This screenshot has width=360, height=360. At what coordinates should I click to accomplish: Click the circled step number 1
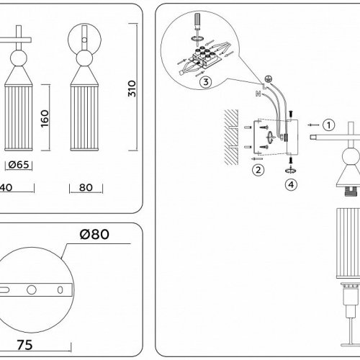click(328, 125)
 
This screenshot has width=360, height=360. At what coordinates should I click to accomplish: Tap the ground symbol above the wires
click(269, 78)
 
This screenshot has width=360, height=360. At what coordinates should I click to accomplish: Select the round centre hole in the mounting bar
click(31, 289)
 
